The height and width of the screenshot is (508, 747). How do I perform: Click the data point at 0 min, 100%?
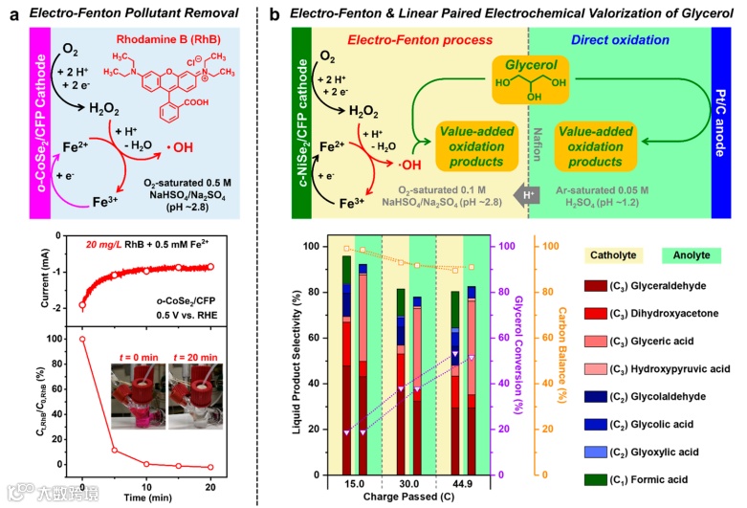coord(83,339)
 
